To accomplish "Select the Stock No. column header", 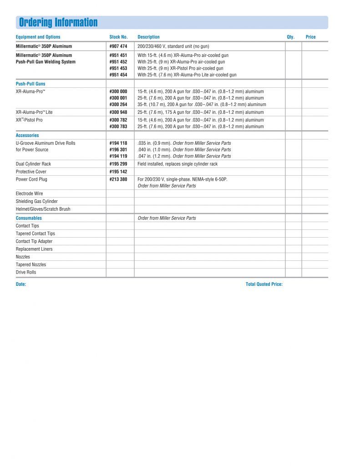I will [118, 37].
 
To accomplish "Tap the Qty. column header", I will [291, 37].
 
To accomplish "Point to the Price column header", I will [310, 37].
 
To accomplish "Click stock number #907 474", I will [118, 46].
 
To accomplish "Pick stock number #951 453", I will [118, 68].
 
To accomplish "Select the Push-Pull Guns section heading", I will [30, 84].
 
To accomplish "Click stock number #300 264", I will [118, 104].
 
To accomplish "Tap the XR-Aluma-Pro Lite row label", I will [34, 112].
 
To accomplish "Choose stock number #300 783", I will [118, 126].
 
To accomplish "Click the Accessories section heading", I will [27, 135].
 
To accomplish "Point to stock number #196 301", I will [118, 150].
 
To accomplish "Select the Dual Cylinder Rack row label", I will [33, 164].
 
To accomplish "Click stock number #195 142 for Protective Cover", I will [118, 172].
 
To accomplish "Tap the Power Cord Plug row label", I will [31, 179].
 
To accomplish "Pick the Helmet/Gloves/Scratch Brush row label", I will [43, 209].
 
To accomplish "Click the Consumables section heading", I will [29, 218].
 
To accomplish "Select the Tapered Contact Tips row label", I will [35, 233].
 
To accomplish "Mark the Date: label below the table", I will [21, 284].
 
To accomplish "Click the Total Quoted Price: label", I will [264, 284].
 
